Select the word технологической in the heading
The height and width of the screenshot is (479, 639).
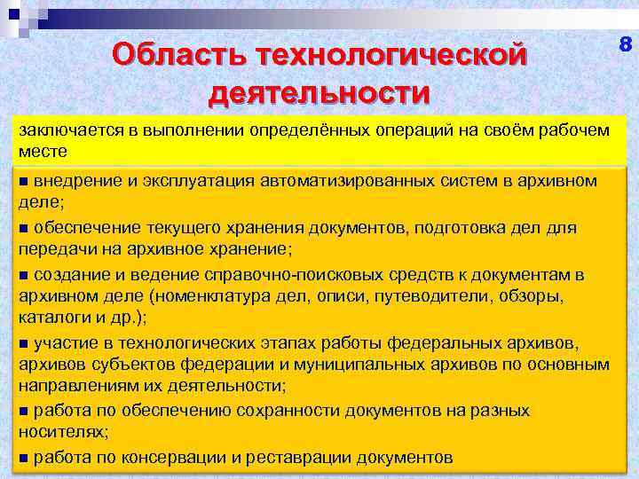[389, 55]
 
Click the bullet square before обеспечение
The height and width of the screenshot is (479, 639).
[24, 228]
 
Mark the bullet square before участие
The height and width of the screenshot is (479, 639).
[24, 343]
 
